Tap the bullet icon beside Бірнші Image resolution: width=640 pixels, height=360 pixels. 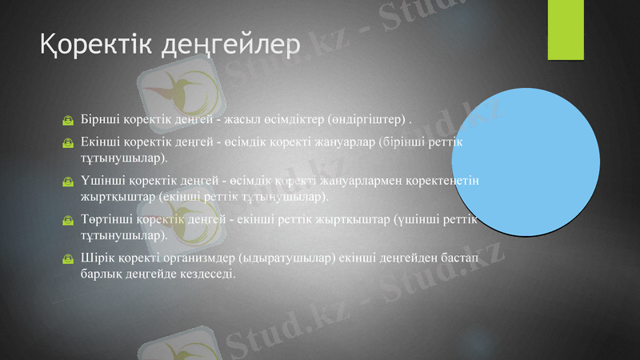[70, 122]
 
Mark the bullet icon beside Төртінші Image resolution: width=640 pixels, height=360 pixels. [70, 221]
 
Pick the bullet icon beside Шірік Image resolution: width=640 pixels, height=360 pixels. [70, 259]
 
